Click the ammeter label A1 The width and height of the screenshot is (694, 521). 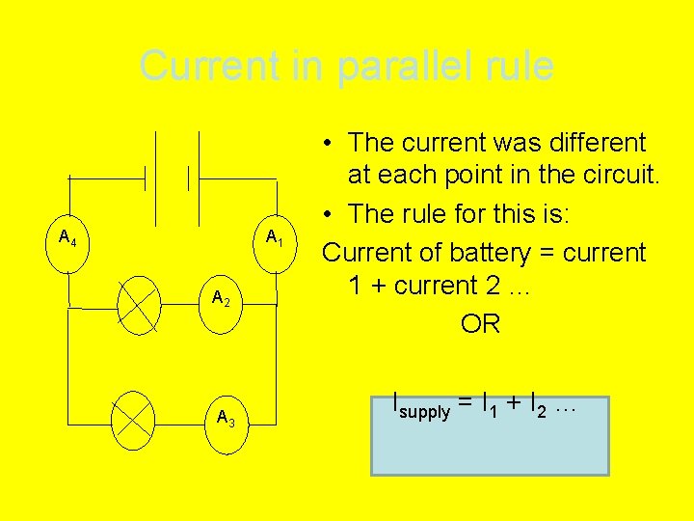[x=274, y=237]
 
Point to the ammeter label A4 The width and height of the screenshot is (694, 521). [x=67, y=236]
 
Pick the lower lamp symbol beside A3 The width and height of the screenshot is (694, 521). [x=133, y=421]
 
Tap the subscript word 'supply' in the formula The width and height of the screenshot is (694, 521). [x=425, y=412]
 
